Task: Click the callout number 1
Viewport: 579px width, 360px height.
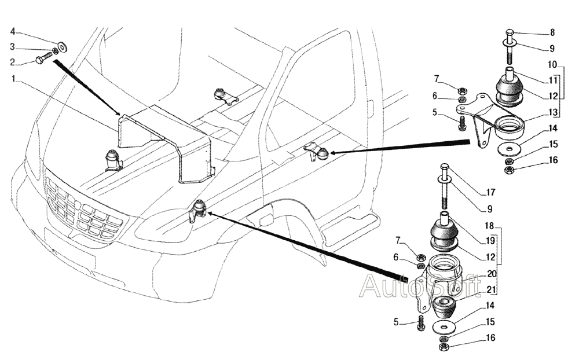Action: click(x=13, y=79)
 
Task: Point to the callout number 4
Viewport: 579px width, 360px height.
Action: click(x=13, y=31)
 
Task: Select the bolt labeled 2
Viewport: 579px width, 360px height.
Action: click(x=44, y=58)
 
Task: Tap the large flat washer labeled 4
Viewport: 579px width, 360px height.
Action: click(x=62, y=46)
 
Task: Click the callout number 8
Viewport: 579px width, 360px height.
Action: click(x=552, y=32)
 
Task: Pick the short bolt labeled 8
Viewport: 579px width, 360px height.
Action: click(x=510, y=46)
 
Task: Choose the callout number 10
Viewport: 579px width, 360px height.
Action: click(x=552, y=65)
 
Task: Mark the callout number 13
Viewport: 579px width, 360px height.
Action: click(x=553, y=112)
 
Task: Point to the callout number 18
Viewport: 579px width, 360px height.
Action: click(x=489, y=225)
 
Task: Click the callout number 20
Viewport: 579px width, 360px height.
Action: click(x=492, y=274)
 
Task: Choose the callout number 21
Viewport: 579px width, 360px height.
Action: click(x=491, y=290)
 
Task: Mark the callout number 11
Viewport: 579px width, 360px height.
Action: click(x=553, y=80)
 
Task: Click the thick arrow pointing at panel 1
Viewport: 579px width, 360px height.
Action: click(x=86, y=87)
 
